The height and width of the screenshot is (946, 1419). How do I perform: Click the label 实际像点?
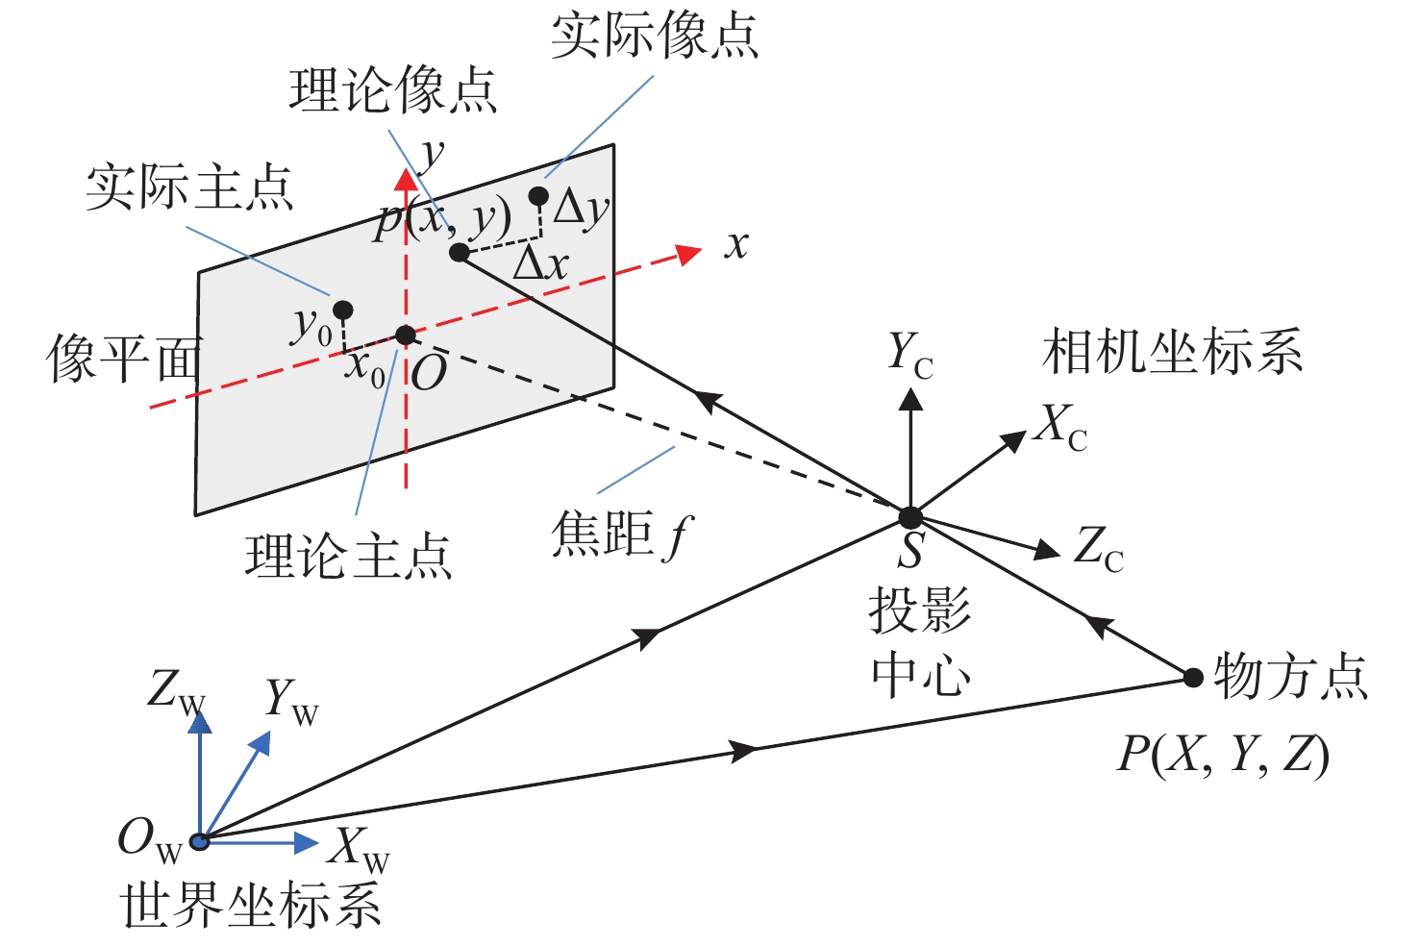click(x=654, y=36)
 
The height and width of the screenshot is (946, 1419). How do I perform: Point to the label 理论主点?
click(x=348, y=557)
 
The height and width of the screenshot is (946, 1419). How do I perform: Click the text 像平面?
click(x=123, y=359)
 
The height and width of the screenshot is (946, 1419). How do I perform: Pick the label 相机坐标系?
click(x=1172, y=351)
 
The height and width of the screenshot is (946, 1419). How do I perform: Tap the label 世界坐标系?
click(x=252, y=906)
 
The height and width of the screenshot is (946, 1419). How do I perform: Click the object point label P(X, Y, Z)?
click(x=1222, y=755)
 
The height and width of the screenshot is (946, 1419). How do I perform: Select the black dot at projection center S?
click(x=909, y=517)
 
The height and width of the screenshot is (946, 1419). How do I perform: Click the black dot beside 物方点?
click(x=1193, y=678)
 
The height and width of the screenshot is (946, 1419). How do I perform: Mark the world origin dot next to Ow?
click(x=199, y=842)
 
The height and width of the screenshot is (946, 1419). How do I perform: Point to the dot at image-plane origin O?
click(x=406, y=335)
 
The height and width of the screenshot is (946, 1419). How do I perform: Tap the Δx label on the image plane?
click(x=541, y=262)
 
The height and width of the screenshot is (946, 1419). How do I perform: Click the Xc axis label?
click(x=1061, y=426)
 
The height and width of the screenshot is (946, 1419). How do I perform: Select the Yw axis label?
click(x=290, y=702)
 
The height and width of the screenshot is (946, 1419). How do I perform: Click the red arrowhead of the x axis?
click(x=688, y=254)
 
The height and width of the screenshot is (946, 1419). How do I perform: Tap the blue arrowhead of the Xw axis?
click(x=307, y=843)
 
